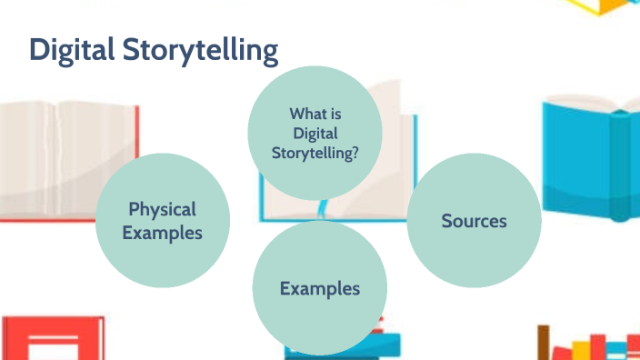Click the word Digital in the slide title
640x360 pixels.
click(71, 51)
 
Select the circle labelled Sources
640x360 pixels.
click(474, 221)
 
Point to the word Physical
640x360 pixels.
click(162, 209)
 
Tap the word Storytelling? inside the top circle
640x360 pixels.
click(315, 154)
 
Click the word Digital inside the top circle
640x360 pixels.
click(315, 134)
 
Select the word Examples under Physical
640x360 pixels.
click(162, 233)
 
